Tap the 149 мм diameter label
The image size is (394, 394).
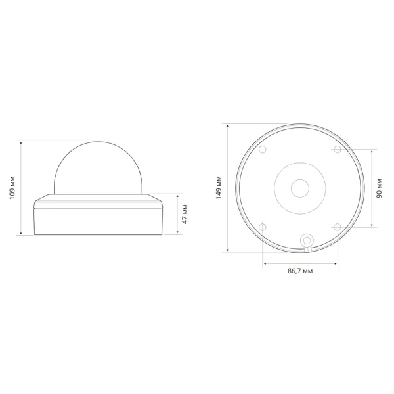pyautogui.click(x=219, y=188)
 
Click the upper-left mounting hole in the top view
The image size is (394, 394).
pyautogui.click(x=263, y=150)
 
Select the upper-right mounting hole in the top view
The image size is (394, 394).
pyautogui.click(x=338, y=150)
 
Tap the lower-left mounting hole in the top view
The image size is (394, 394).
pyautogui.click(x=263, y=227)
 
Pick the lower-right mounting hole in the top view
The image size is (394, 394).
pyautogui.click(x=338, y=227)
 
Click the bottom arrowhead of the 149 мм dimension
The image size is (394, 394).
pyautogui.click(x=227, y=251)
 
